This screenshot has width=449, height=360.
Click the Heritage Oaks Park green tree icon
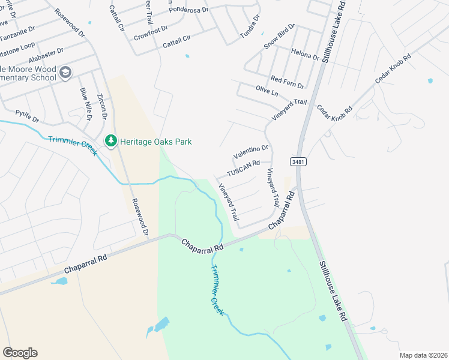coord(110,141)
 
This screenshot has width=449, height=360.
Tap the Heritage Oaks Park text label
coord(155,142)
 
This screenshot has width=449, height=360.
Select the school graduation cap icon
coord(65,73)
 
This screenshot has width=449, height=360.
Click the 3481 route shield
coord(298,162)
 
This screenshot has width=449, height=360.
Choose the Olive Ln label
coord(267,91)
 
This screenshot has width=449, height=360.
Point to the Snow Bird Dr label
coord(280,37)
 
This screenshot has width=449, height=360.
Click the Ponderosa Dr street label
coord(188,10)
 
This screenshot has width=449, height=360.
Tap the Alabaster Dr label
coord(45,56)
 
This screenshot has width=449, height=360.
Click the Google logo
coord(20,353)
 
